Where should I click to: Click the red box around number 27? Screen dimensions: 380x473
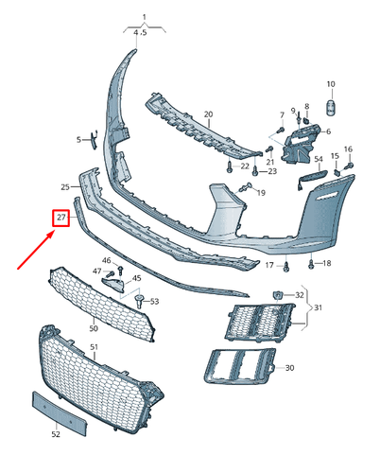coord(60,218)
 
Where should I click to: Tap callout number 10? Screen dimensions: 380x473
coord(331,84)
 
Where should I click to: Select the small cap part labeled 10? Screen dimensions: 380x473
coord(331,108)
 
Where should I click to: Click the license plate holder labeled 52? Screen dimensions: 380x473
coord(60,413)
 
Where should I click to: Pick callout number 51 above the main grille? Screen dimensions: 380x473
coord(94,347)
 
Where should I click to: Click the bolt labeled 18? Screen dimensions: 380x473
coord(311,264)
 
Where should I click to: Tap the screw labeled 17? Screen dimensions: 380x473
coord(286,267)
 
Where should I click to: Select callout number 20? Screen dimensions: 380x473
coord(208,114)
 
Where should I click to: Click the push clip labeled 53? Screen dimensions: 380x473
coord(139,301)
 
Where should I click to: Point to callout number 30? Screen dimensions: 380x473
coord(289,368)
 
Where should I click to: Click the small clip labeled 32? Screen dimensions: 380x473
coord(277,295)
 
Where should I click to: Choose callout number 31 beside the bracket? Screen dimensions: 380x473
coord(318,307)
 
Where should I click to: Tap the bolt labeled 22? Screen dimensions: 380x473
coord(230,166)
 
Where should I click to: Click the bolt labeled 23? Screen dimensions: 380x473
coord(255,171)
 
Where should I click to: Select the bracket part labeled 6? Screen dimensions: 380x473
coord(301,145)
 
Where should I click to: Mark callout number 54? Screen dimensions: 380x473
coord(319,159)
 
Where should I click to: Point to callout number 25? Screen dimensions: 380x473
coord(65,187)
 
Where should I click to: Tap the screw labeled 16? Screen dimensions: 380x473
coord(349,166)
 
